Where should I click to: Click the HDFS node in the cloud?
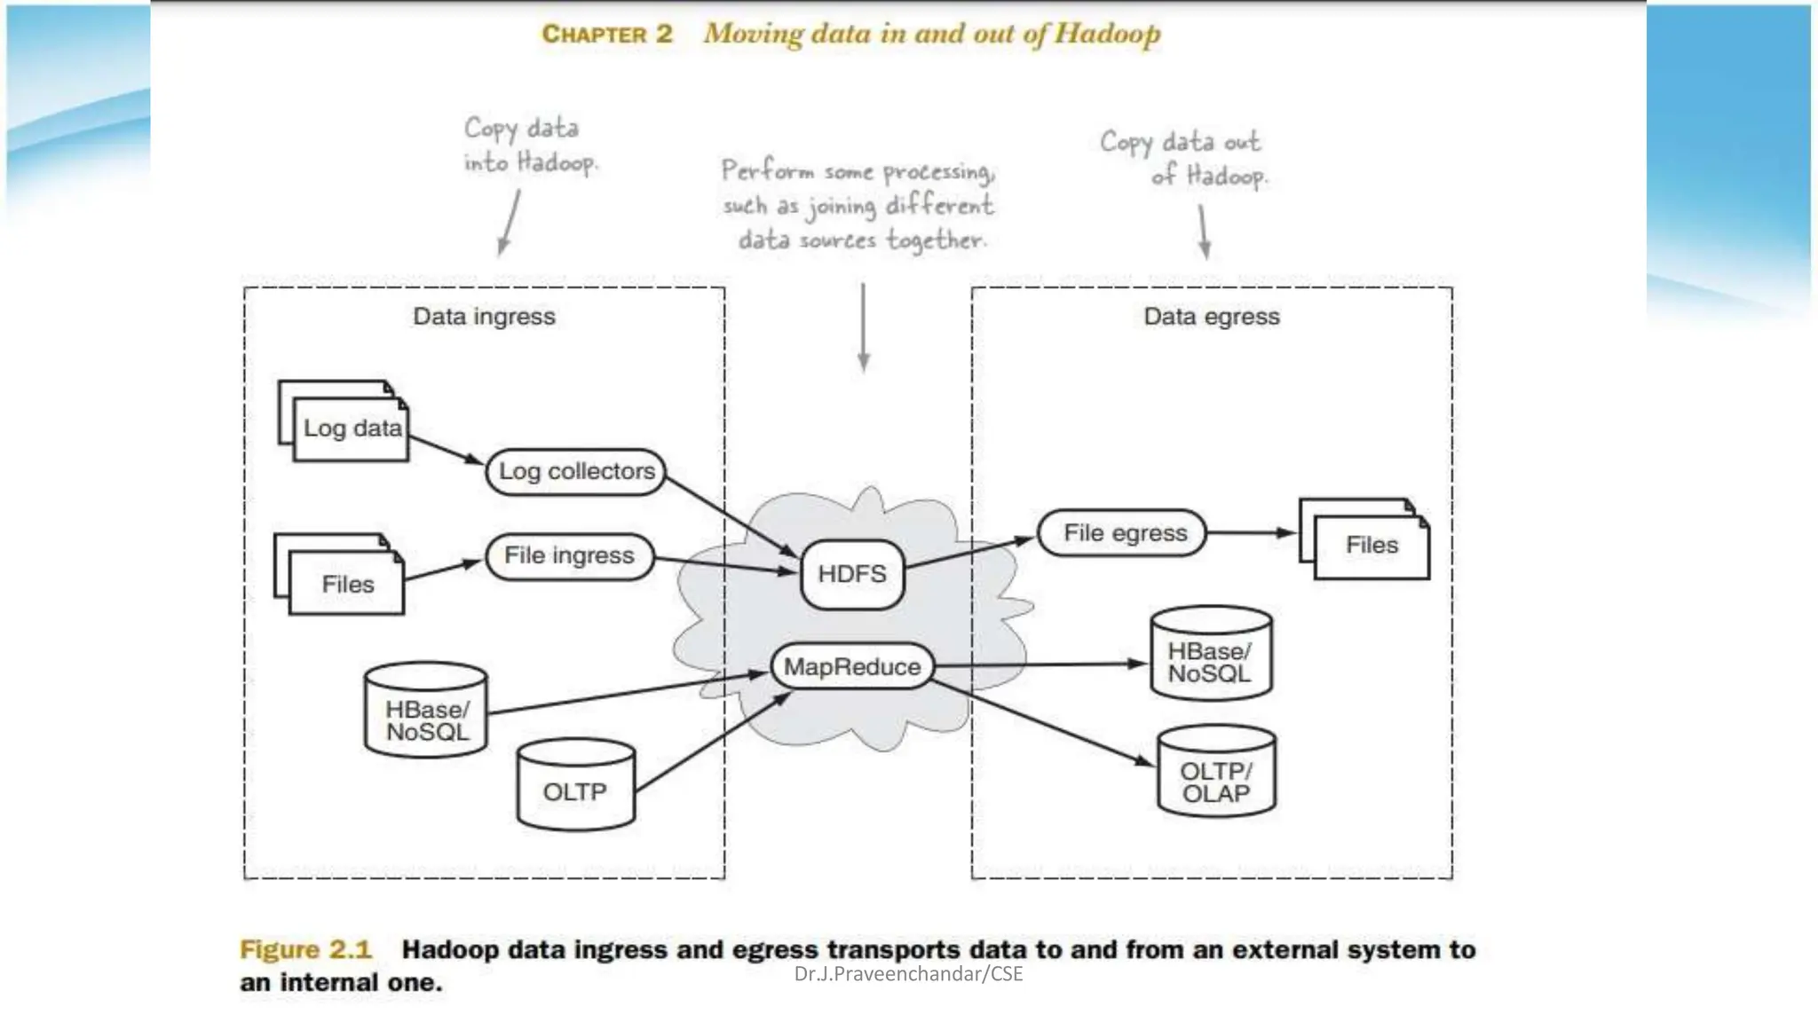click(852, 574)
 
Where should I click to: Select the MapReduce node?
click(852, 666)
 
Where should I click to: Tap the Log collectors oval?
click(576, 471)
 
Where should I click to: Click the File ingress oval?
click(569, 556)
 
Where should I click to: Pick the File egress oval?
click(1124, 533)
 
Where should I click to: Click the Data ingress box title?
click(484, 317)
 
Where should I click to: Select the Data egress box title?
click(1212, 317)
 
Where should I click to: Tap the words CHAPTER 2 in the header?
click(607, 35)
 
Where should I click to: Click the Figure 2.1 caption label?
click(305, 949)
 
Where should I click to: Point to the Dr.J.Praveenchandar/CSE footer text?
click(908, 974)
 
